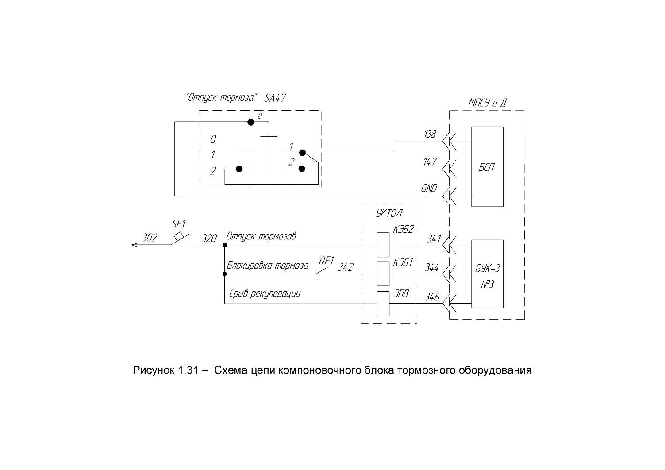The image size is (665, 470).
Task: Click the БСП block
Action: tap(487, 166)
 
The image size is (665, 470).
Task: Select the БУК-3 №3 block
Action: tap(487, 274)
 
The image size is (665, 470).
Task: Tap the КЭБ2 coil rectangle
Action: tap(383, 245)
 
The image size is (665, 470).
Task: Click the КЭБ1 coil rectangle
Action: tap(383, 274)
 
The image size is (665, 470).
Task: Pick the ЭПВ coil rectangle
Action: tap(383, 304)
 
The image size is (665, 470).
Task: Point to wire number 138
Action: tap(430, 134)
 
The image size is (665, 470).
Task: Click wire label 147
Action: tap(430, 162)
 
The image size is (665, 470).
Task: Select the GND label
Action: tap(429, 188)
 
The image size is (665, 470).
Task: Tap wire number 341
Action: tap(434, 239)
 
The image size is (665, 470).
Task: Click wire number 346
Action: tap(432, 297)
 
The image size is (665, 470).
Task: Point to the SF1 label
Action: tap(179, 223)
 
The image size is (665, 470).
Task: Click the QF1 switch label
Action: tap(327, 260)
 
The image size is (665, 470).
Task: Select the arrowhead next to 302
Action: tap(135, 245)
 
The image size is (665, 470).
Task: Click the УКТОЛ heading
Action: tap(389, 213)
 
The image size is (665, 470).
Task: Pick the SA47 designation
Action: tap(275, 98)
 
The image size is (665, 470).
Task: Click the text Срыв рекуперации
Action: tap(265, 293)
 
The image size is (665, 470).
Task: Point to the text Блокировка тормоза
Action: tap(268, 266)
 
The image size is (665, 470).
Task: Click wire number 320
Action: tap(209, 238)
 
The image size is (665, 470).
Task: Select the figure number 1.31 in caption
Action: tap(188, 370)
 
